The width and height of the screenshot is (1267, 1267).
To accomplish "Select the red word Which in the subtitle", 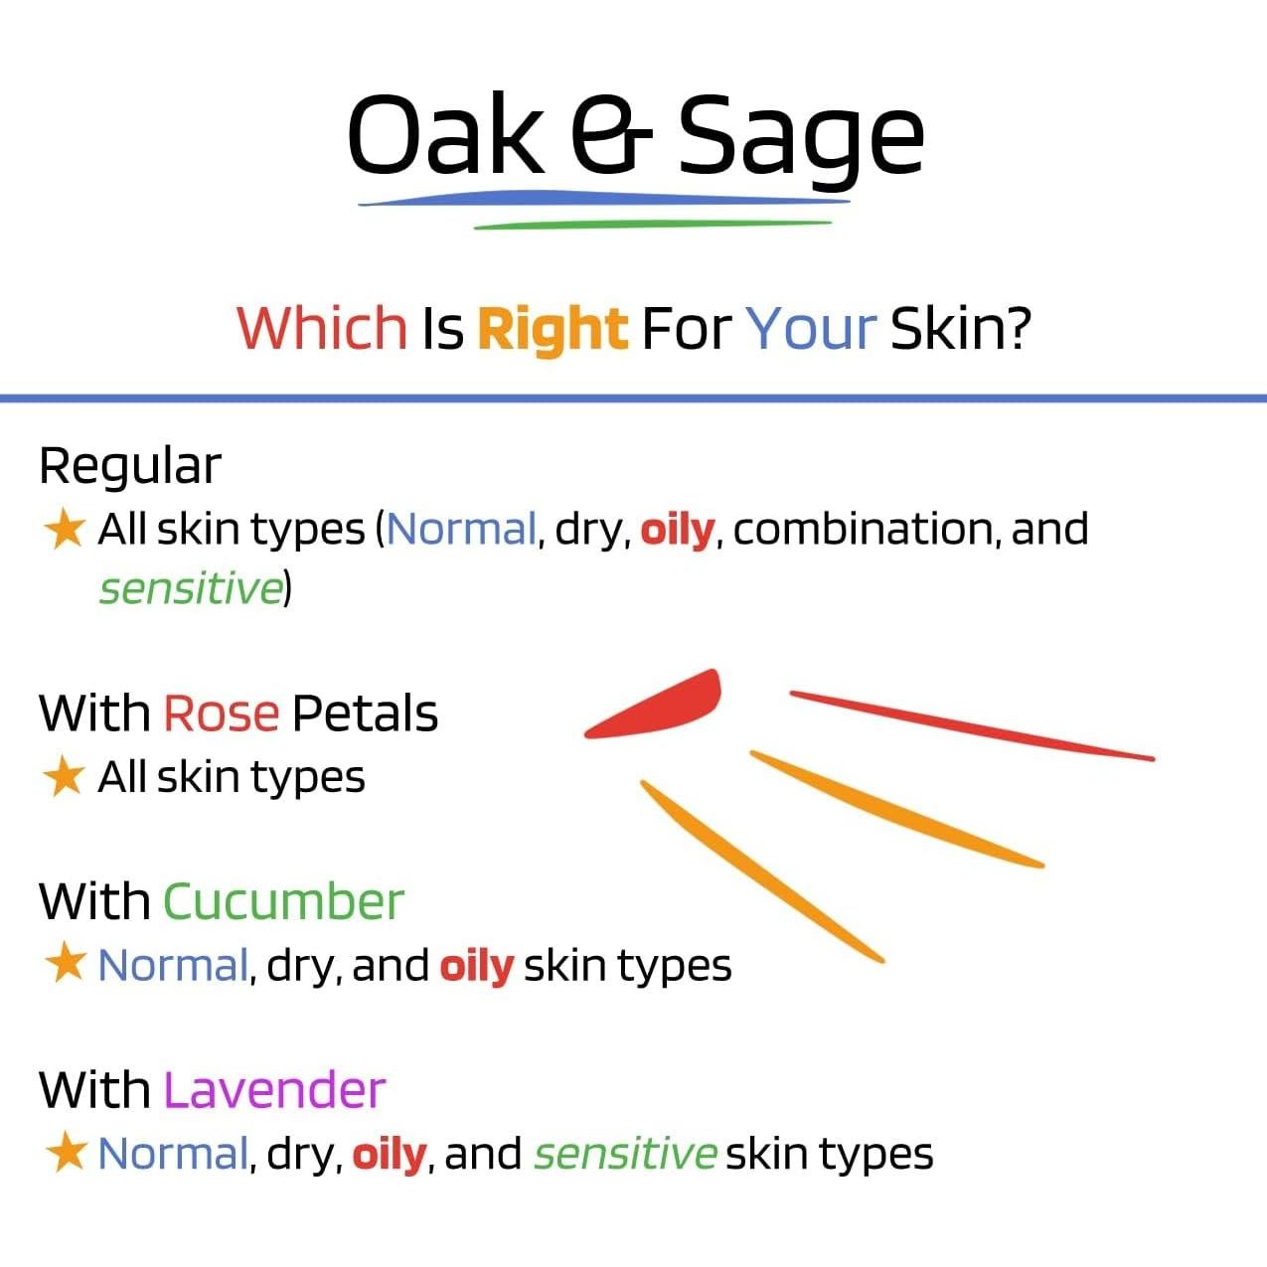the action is tap(322, 328).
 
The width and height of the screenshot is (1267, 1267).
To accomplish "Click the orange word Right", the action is tap(553, 331).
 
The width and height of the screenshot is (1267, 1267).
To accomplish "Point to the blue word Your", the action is tap(813, 328).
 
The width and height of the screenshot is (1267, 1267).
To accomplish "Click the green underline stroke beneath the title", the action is tap(653, 225).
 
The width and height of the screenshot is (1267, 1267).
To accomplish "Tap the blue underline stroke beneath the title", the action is tap(603, 198).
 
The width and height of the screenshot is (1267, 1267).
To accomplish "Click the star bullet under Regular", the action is tap(66, 528).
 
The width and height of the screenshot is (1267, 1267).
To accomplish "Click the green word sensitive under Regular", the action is tap(191, 588).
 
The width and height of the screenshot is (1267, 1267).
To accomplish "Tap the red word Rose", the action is tap(222, 713).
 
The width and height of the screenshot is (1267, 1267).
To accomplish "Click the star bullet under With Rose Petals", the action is tap(64, 776).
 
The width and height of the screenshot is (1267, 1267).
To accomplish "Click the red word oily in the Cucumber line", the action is tap(477, 967).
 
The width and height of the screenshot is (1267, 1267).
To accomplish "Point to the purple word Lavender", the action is tap(274, 1089).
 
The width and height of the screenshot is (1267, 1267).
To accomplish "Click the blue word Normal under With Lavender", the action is tap(173, 1154).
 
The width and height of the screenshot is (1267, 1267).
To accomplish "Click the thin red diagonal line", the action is tap(972, 725).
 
